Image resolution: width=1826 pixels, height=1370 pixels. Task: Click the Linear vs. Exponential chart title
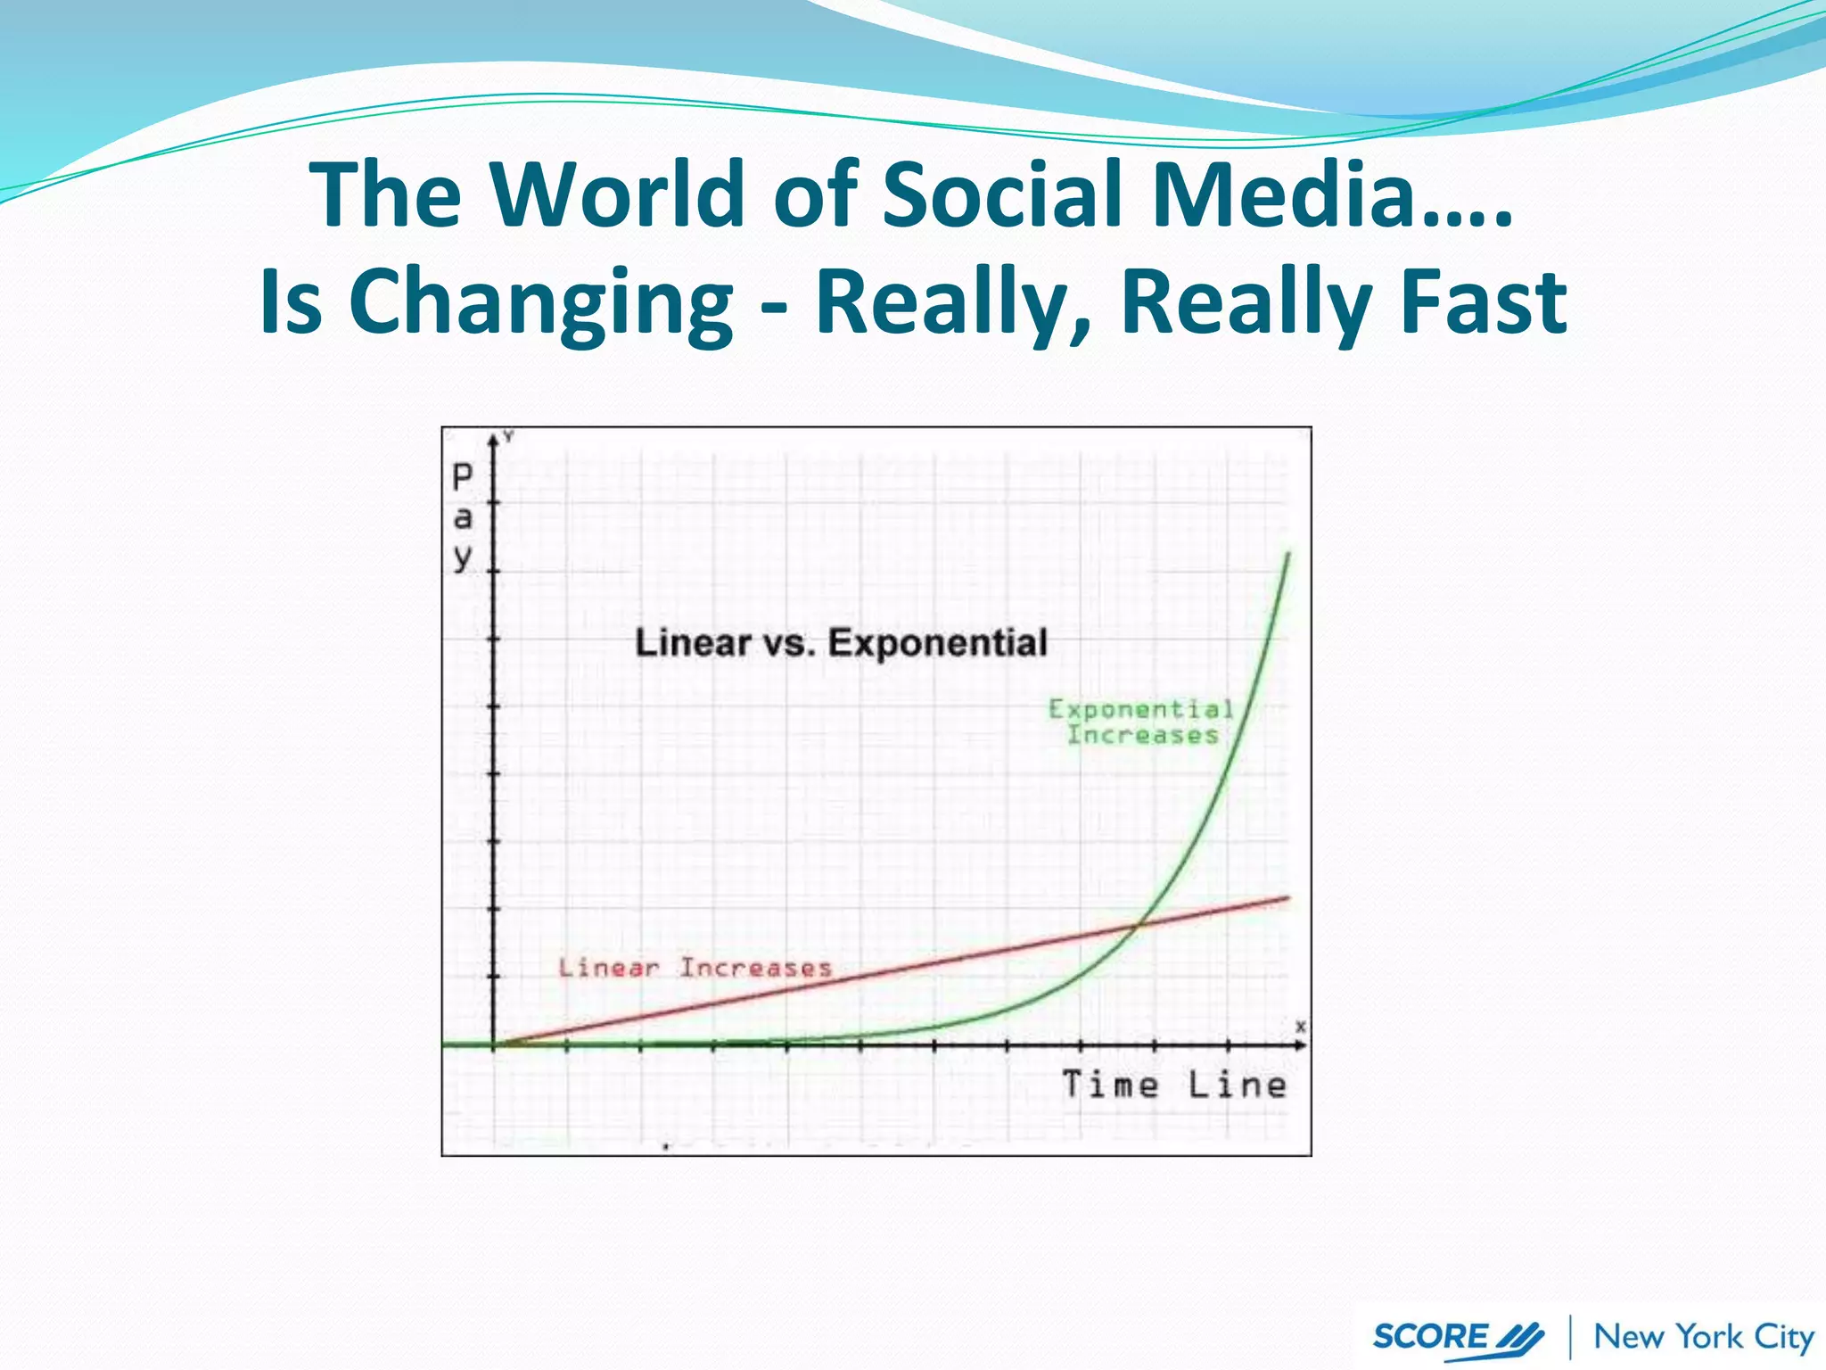coord(841,643)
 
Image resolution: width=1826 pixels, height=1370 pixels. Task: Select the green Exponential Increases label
coord(1142,722)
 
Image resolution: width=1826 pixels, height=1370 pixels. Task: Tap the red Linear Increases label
coord(695,968)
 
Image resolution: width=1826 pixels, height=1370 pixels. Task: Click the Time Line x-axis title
coord(1174,1085)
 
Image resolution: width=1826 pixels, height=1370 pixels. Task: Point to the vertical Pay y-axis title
coord(463,517)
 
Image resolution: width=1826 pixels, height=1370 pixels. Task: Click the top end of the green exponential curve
coord(1288,555)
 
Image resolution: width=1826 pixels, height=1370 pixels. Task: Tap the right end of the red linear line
coord(1288,898)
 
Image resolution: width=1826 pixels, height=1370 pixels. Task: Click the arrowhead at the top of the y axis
coord(493,438)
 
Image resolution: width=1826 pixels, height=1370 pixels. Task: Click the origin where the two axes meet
coord(494,1044)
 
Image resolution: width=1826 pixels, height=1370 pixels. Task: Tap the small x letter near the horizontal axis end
coord(1301,1027)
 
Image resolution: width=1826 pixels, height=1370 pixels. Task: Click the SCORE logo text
coord(1430,1336)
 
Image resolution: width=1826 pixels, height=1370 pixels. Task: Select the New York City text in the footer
coord(1703,1336)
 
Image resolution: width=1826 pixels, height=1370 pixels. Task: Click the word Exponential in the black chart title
coord(937,643)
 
